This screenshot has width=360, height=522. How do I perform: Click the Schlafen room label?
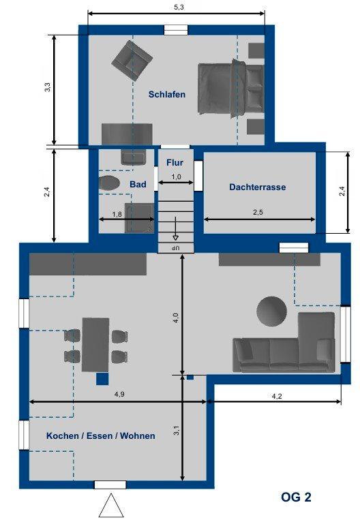pos(167,95)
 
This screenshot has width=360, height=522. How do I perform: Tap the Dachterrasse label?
pos(258,187)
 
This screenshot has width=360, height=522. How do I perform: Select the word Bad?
pos(138,185)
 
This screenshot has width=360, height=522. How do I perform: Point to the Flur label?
pos(175,163)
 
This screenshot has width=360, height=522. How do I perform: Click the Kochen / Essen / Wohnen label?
pos(101,435)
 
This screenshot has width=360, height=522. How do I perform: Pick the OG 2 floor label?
pos(296,497)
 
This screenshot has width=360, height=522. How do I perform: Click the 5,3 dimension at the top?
pos(179,7)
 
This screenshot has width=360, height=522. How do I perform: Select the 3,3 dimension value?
pos(47,87)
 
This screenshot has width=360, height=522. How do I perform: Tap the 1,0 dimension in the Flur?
pos(176,176)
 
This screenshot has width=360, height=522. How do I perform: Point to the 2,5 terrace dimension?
pos(258,212)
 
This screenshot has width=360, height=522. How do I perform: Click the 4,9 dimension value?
pos(119,394)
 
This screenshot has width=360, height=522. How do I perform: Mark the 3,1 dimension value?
pos(177,431)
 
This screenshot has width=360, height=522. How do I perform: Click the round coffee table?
pos(272,311)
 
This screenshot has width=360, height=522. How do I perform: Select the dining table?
pos(95,345)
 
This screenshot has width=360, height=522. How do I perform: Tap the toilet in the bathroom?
pos(109,183)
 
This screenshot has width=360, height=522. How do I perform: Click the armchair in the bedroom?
pos(132,61)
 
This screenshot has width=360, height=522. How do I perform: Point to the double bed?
pos(230,89)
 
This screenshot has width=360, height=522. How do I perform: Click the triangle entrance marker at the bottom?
pos(111,506)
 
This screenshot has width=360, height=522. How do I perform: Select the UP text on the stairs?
pos(175,248)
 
